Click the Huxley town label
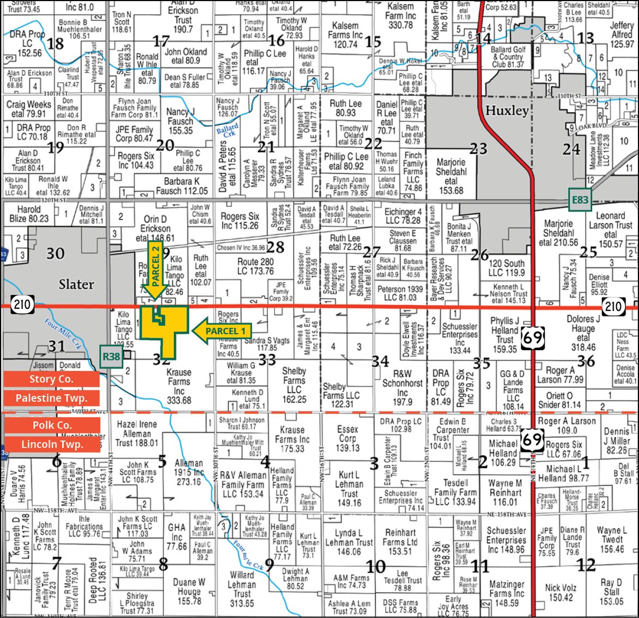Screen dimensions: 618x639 [x=507, y=111]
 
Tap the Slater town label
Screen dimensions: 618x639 [x=76, y=284]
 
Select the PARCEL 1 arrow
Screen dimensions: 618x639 [x=221, y=331]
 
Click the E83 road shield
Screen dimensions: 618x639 [x=580, y=200]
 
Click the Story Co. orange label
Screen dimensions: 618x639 [x=51, y=379]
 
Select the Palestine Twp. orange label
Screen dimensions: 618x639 [x=51, y=398]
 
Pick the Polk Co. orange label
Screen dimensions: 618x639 [x=51, y=425]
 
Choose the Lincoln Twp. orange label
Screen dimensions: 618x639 [x=51, y=444]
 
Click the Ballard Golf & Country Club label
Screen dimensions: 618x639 [x=508, y=57]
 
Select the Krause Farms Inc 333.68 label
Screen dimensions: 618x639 [x=179, y=386]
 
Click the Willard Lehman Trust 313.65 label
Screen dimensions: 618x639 [x=242, y=589]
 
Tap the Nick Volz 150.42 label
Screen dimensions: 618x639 [x=561, y=592]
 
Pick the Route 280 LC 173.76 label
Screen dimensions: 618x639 [x=255, y=266]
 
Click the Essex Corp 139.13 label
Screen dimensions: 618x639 [x=348, y=438]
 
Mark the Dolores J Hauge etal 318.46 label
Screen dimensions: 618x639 [x=583, y=333]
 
